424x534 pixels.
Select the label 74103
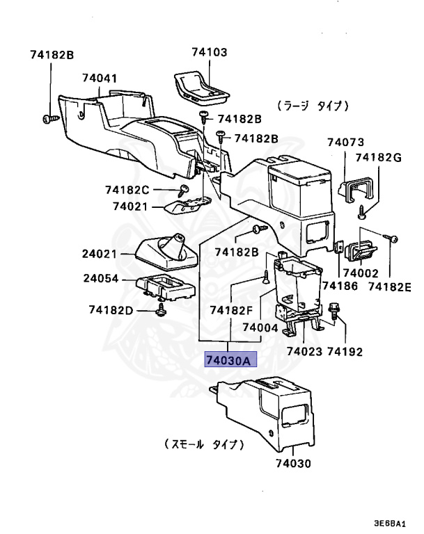pyautogui.click(x=210, y=52)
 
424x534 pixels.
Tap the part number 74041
pyautogui.click(x=100, y=79)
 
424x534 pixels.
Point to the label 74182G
pyautogui.click(x=379, y=158)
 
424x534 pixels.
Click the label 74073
pyautogui.click(x=346, y=142)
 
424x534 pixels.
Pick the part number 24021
pyautogui.click(x=100, y=254)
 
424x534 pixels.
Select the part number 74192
pyautogui.click(x=345, y=353)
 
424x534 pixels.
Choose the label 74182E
pyautogui.click(x=390, y=286)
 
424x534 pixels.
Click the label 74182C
pyautogui.click(x=127, y=190)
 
